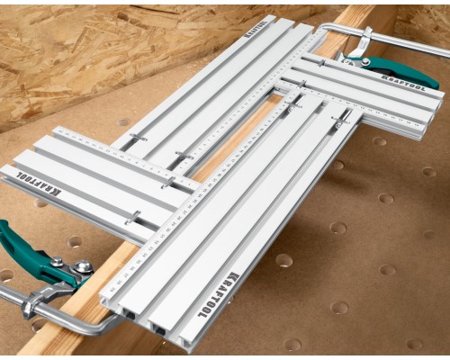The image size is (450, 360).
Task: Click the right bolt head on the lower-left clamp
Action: [x=83, y=266]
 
